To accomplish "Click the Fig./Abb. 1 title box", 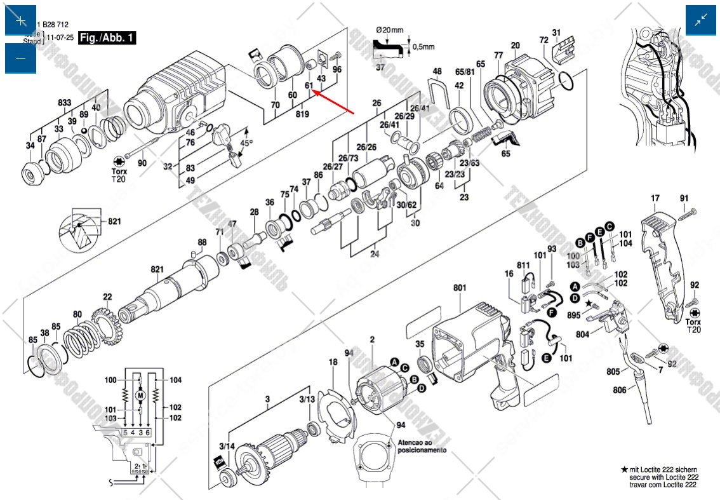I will pos(107,37).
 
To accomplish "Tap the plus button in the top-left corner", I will pos(21,21).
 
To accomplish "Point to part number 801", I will pos(460,288).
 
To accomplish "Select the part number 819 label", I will pos(302,114).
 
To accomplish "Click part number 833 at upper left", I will pos(65,103).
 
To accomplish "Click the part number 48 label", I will pos(437,71).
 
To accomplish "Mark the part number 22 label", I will pos(107,297).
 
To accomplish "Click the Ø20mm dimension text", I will pos(389,30).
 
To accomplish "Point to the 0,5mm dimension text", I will pos(423,47).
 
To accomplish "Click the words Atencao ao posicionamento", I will pos(422,445).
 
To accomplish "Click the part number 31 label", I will pos(556,32).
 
